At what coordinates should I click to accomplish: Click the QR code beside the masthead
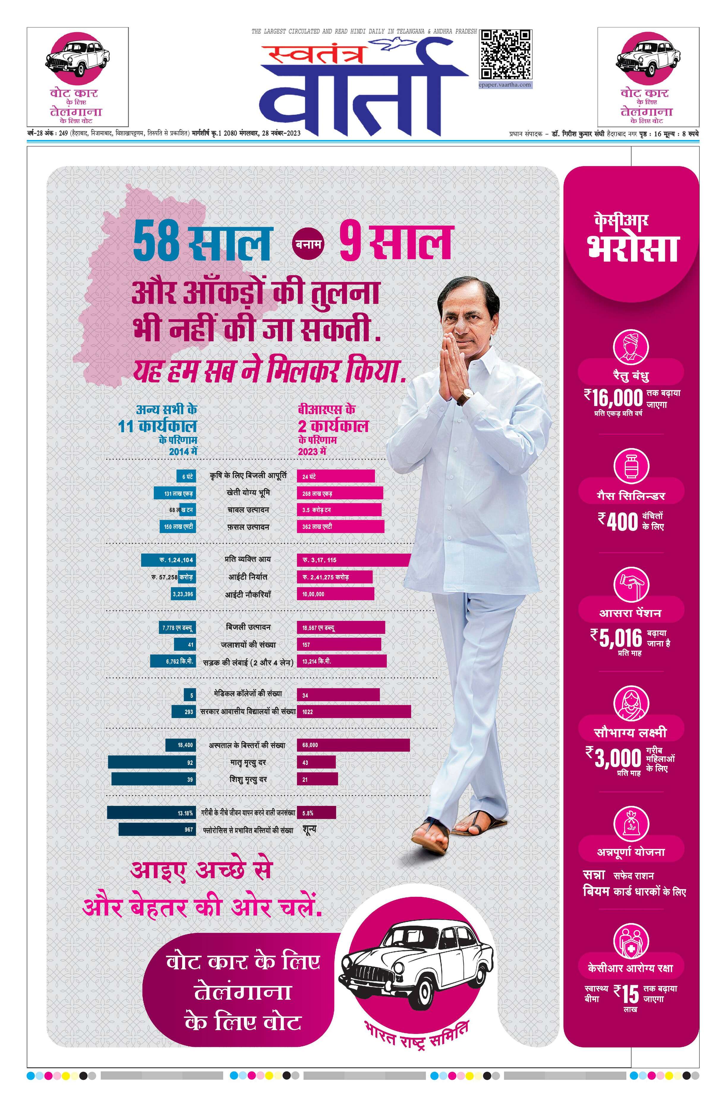505,54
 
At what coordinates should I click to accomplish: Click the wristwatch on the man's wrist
465,396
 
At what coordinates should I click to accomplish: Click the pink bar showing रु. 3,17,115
353,560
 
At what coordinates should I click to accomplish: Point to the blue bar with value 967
157,829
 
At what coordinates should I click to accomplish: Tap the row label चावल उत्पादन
248,510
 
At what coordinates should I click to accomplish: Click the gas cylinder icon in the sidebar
631,466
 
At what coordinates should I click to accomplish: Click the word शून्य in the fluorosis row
310,829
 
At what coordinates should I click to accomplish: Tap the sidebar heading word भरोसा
633,249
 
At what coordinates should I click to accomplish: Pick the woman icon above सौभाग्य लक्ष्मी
631,703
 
